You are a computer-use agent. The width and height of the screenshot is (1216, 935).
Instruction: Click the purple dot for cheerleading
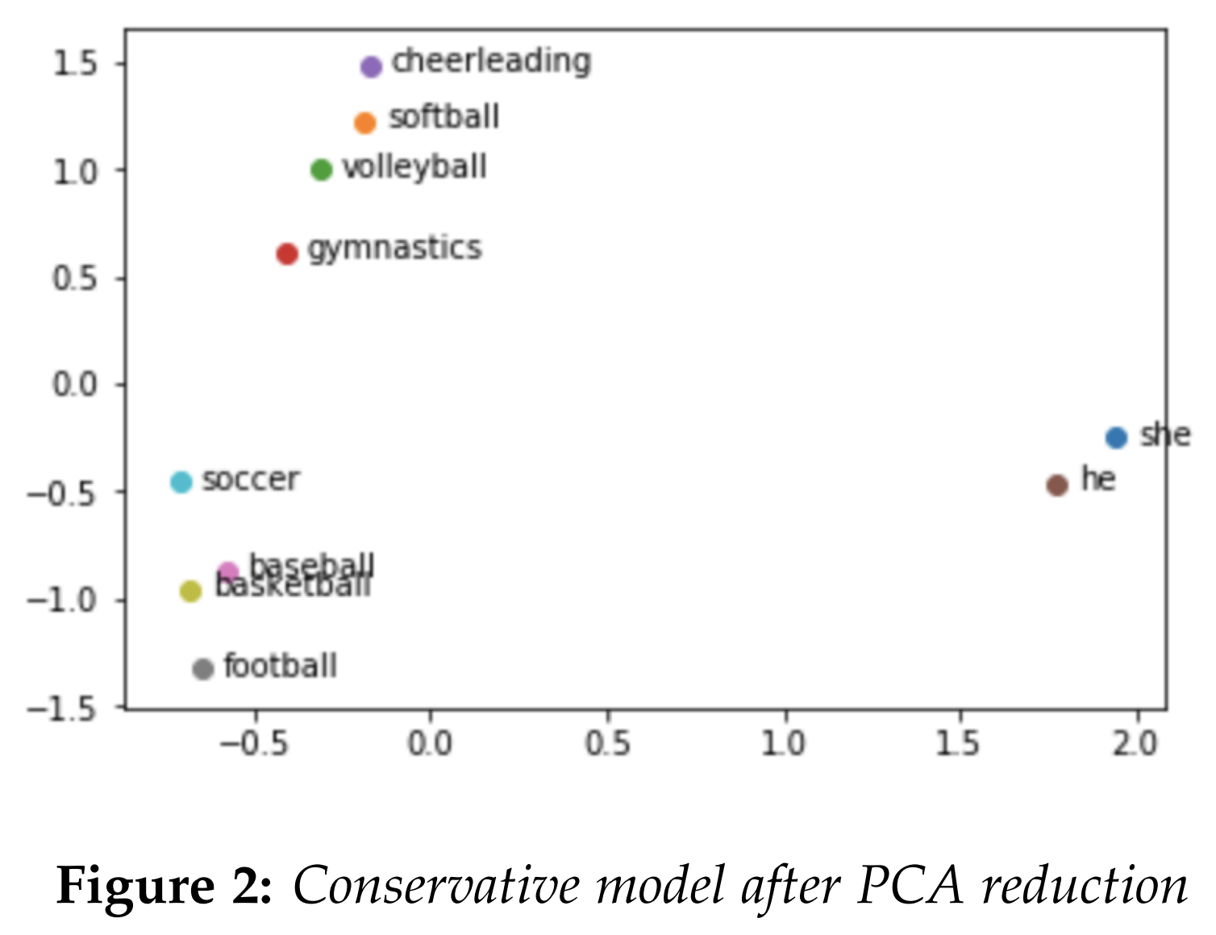tap(371, 66)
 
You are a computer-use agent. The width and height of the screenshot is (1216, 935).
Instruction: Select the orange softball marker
tap(365, 123)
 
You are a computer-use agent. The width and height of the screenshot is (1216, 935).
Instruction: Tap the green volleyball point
tap(322, 170)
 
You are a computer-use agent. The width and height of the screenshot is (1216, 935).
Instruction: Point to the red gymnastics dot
tap(287, 254)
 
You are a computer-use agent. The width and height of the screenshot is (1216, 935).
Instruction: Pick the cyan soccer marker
tap(181, 482)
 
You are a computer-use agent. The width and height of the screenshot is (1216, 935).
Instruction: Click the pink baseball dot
tap(229, 572)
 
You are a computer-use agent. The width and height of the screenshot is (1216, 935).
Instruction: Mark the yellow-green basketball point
tap(190, 592)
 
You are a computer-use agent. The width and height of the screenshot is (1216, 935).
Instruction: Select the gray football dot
tap(203, 668)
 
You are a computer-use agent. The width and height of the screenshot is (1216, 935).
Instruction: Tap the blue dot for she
tap(1116, 438)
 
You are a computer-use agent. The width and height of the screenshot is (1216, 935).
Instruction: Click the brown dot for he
tap(1057, 485)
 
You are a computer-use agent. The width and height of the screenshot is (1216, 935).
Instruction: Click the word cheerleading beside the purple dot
tap(491, 62)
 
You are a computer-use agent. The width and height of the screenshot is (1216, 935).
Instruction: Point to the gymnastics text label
tap(394, 249)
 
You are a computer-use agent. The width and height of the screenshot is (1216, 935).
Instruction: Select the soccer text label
tap(251, 480)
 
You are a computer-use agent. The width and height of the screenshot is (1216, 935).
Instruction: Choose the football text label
tap(280, 667)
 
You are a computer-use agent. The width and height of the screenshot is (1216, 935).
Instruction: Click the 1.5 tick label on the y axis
tap(74, 64)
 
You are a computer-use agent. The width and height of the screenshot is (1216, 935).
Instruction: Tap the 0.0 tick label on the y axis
tap(74, 384)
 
